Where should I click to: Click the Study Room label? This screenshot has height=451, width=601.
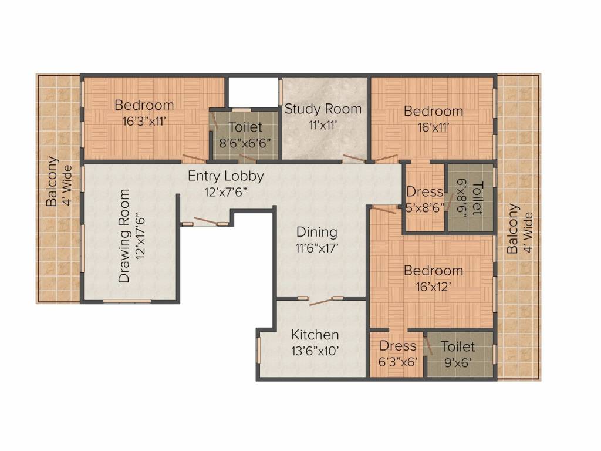click(x=323, y=109)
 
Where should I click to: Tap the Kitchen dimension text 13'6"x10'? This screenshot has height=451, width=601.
click(x=315, y=351)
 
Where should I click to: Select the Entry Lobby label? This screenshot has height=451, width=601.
click(x=226, y=176)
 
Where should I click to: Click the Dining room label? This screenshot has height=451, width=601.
click(x=316, y=231)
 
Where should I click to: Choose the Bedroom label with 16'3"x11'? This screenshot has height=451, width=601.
click(x=144, y=105)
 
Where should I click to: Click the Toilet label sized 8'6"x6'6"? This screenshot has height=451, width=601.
click(x=245, y=127)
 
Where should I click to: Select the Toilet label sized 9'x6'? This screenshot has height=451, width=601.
click(x=458, y=346)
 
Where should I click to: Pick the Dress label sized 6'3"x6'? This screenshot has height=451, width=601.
click(x=398, y=346)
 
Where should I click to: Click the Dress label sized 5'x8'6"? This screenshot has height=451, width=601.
click(x=424, y=192)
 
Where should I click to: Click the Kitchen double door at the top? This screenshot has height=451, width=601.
click(x=320, y=301)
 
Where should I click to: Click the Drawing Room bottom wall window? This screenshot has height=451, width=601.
click(x=127, y=301)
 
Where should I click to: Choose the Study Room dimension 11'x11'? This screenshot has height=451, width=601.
click(x=323, y=125)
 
